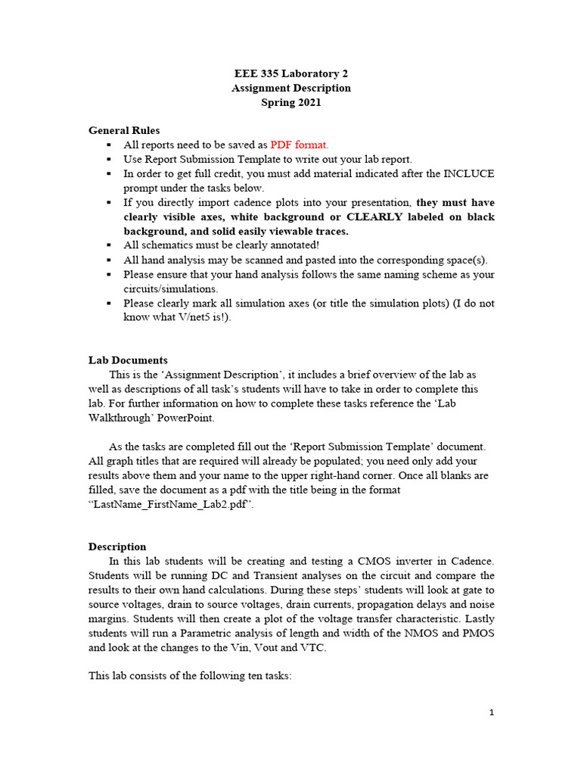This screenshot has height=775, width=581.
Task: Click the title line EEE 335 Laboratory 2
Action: pos(290,73)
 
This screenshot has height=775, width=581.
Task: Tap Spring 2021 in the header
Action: pos(290,102)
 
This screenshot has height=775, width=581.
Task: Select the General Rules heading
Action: pos(124,130)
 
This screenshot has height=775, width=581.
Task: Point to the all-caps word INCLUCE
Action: pos(463,173)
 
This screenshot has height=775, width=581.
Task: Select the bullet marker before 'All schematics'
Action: pos(109,245)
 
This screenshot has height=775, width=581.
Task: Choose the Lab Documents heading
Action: pos(128,360)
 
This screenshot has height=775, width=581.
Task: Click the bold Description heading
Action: pos(117,546)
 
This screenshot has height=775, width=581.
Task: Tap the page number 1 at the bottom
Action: pos(491,712)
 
